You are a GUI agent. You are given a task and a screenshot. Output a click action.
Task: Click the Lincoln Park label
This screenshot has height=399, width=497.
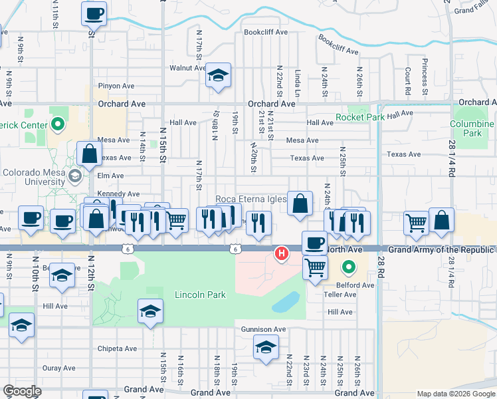pyautogui.click(x=200, y=295)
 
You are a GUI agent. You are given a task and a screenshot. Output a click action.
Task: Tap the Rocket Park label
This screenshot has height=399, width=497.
pyautogui.click(x=360, y=117)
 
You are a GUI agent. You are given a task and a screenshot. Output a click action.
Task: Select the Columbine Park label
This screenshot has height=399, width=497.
pyautogui.click(x=472, y=128)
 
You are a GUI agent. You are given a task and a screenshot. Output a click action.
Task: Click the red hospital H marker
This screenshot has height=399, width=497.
pyautogui.click(x=282, y=253)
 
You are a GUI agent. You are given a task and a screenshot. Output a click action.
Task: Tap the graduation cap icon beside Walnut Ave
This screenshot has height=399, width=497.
pyautogui.click(x=217, y=76)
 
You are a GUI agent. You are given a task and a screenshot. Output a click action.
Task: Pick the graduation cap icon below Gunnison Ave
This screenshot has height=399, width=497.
pyautogui.click(x=266, y=348)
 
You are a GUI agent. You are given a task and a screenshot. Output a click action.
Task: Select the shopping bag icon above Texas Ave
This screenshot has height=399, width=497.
pyautogui.click(x=89, y=154)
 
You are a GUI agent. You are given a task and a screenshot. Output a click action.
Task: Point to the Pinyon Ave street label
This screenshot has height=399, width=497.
pyautogui.click(x=116, y=86)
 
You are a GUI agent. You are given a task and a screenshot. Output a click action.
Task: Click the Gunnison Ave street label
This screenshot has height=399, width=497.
pyautogui.click(x=263, y=329)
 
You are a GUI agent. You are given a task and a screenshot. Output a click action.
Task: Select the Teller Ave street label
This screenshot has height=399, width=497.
pyautogui.click(x=340, y=295)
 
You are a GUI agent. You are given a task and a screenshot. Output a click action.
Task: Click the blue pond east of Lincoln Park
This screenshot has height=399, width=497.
pyautogui.click(x=286, y=303)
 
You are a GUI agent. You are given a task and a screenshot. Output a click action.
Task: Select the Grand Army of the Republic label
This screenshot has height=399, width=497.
pyautogui.click(x=442, y=249)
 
